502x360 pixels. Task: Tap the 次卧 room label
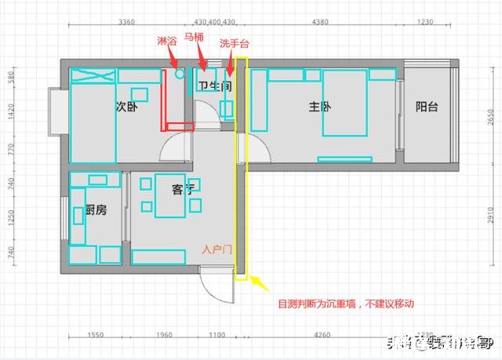click(126, 107)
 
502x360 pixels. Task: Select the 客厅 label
click(182, 189)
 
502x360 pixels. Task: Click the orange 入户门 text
click(216, 249)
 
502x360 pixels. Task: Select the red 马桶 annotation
click(195, 37)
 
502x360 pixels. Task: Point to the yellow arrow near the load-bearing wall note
click(260, 284)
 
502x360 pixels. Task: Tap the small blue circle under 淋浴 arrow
click(180, 74)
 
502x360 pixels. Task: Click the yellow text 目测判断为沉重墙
click(345, 303)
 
